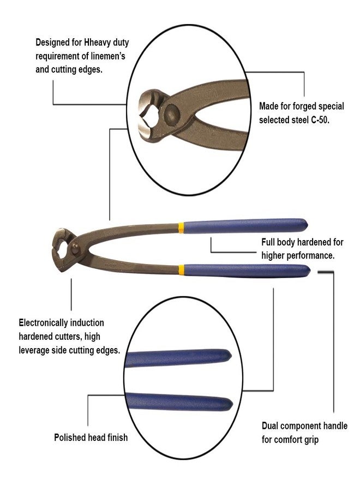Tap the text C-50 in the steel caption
pos(320,120)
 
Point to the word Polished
pos(69,437)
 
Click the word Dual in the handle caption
pos(270,426)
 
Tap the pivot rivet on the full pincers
pos(75,249)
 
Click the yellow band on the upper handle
pos(181,228)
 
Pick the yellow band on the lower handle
pos(181,270)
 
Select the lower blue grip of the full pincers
pos(247,271)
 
